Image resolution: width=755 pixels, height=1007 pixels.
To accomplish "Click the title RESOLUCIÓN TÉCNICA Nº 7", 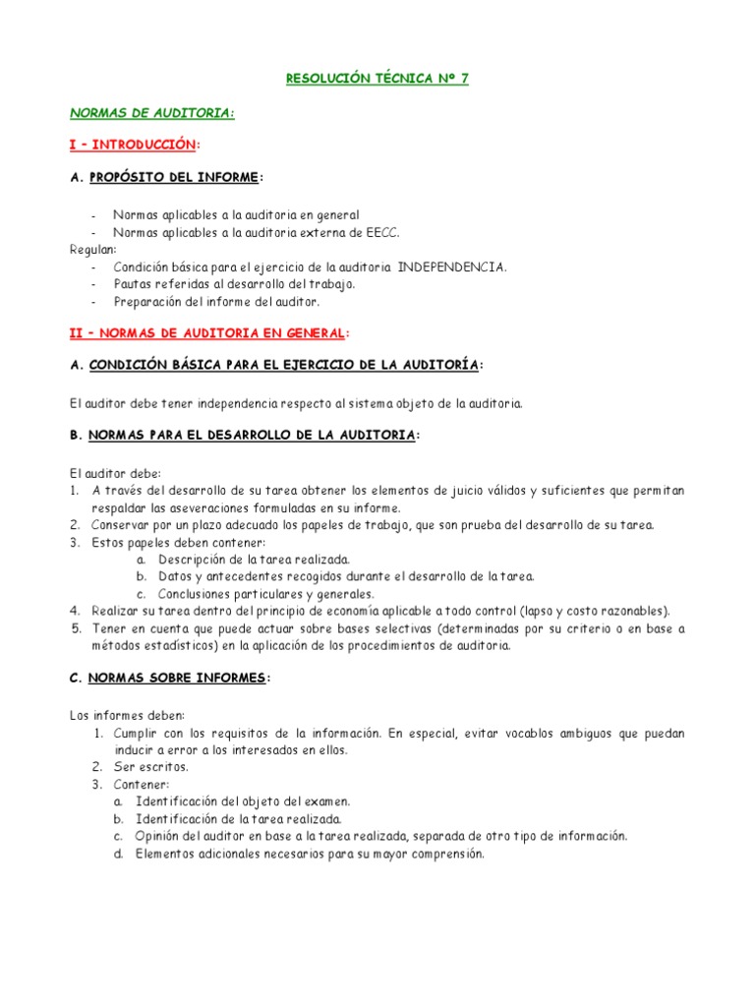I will pos(377,80).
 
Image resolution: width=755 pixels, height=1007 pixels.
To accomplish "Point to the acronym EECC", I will pos(382,232).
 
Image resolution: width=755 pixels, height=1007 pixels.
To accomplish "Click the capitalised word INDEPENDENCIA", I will pos(451,267).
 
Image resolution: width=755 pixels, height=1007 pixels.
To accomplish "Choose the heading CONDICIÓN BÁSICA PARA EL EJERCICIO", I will pos(285,366).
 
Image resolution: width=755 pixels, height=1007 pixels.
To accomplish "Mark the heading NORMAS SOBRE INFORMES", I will pos(176,679).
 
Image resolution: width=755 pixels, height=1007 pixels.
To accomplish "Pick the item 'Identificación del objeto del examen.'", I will pos(243,801).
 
